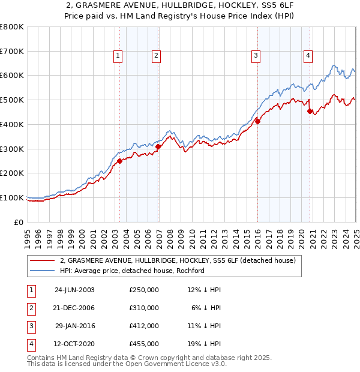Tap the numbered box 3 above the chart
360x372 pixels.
256,56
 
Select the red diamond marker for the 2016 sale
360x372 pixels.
258,121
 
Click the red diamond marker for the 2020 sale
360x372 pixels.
310,111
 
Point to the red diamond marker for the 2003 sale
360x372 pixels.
119,161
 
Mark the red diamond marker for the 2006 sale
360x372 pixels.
158,146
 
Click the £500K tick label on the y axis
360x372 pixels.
12,100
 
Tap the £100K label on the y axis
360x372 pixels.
12,197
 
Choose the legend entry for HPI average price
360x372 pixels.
132,271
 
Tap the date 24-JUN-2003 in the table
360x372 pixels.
74,289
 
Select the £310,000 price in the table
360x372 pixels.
144,308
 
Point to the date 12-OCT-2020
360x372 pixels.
74,344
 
